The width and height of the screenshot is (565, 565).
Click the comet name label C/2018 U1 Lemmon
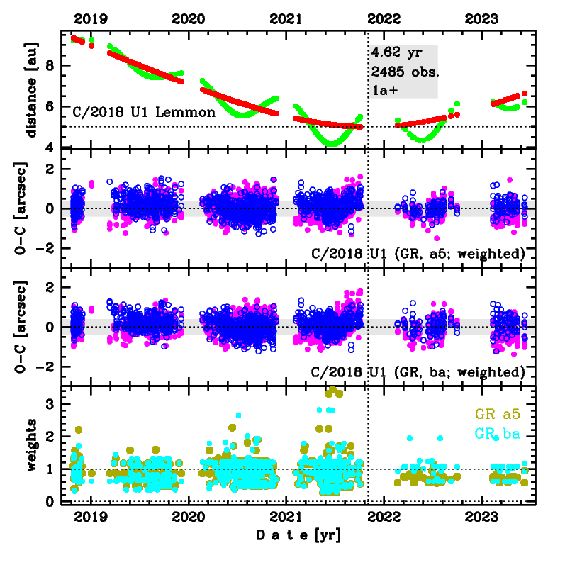pyautogui.click(x=144, y=112)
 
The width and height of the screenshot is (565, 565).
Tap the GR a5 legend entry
pyautogui.click(x=498, y=415)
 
